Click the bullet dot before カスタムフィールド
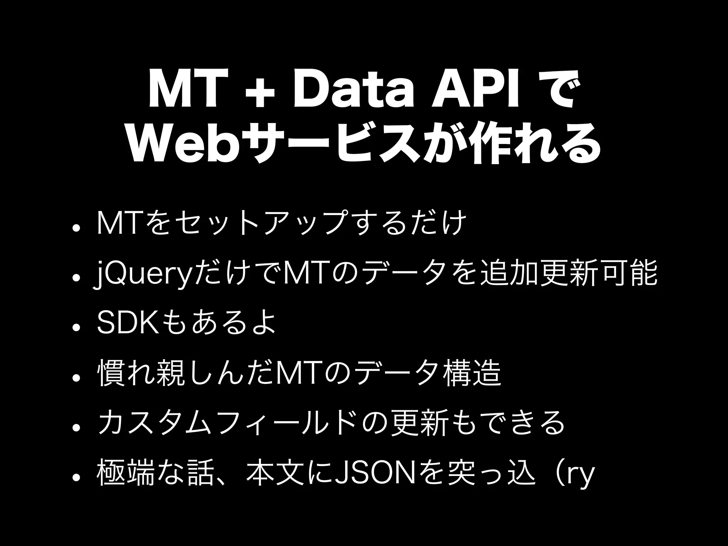[x=75, y=427]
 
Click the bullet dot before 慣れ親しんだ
[x=75, y=377]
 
